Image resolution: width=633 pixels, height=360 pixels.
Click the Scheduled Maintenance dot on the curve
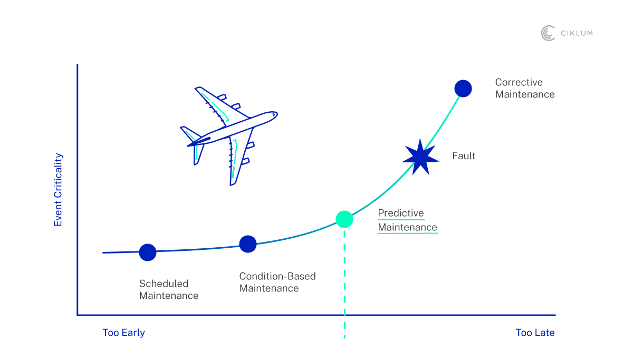tap(148, 252)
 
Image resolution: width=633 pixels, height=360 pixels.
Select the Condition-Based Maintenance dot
tap(248, 244)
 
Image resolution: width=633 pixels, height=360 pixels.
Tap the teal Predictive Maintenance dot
tap(344, 219)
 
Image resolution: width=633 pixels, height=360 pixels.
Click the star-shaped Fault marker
tap(420, 157)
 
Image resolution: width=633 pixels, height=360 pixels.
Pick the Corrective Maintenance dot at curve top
tap(463, 89)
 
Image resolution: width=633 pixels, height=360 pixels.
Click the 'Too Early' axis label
tap(123, 333)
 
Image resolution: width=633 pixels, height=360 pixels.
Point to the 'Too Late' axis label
tap(535, 333)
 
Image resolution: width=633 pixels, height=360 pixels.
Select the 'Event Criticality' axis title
tap(58, 190)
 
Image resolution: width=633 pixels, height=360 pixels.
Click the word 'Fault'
tap(464, 156)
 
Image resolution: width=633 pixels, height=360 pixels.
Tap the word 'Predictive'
tap(401, 213)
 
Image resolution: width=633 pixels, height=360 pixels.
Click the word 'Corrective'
tap(519, 82)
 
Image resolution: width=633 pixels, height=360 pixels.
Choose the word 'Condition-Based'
tap(277, 276)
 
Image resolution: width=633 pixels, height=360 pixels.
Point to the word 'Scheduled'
tap(164, 284)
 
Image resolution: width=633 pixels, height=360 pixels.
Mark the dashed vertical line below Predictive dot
tap(344, 279)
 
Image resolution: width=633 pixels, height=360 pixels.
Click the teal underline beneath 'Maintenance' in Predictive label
tap(408, 233)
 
